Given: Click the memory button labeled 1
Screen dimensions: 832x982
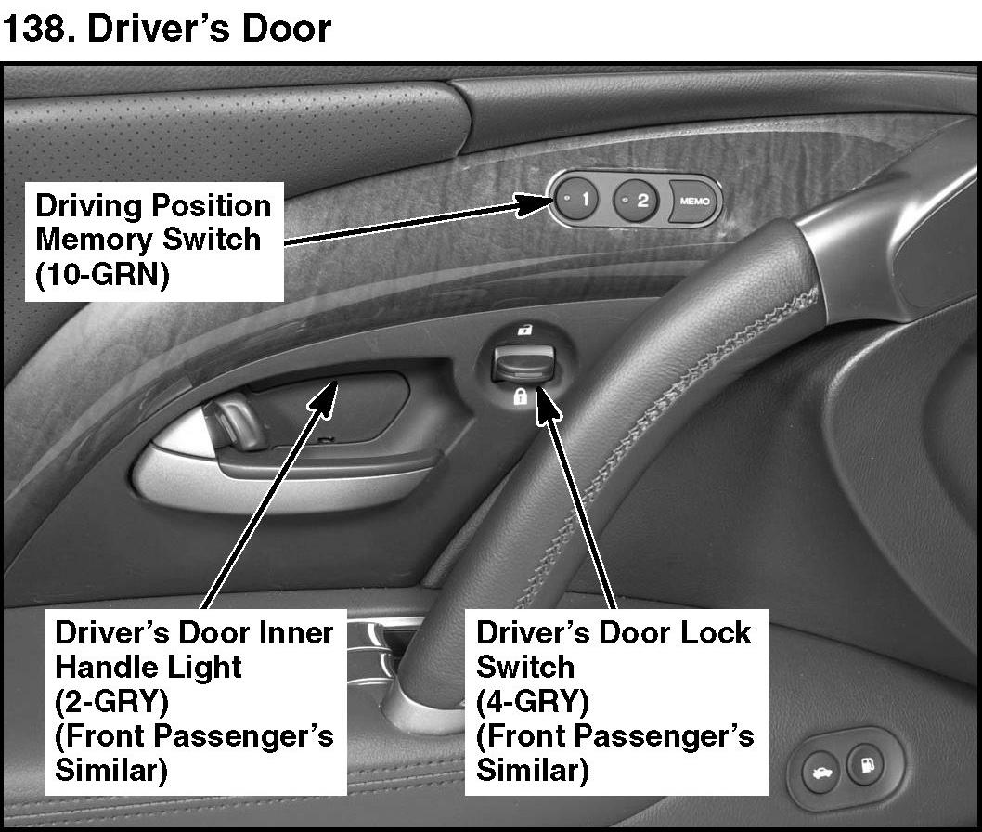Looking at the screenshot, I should tap(579, 199).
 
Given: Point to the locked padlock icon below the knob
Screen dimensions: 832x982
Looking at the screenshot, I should tap(521, 398).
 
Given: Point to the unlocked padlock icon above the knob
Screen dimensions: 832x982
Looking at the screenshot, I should tap(525, 331).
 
